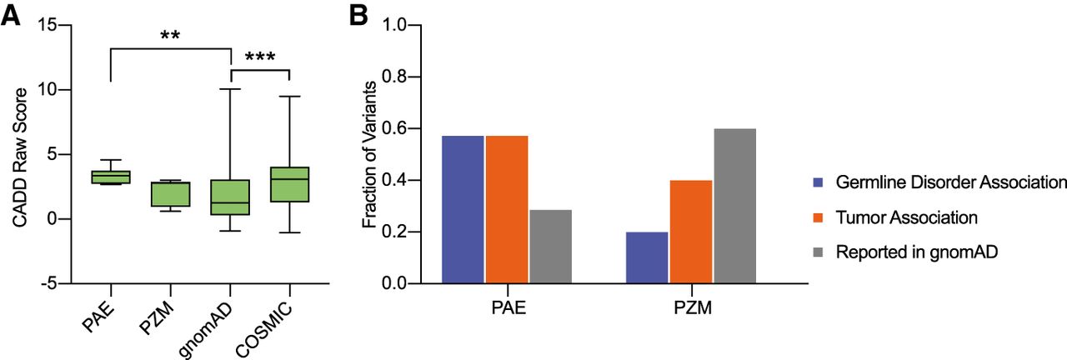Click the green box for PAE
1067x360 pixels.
(x=111, y=177)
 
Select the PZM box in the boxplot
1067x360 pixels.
(x=170, y=194)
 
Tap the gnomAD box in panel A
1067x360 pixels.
(x=230, y=197)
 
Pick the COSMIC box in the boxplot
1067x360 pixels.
(x=289, y=184)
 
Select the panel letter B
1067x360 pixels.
(x=359, y=15)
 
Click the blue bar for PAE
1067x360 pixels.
(x=463, y=209)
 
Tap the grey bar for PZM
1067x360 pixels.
(x=734, y=206)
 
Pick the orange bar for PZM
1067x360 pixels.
(x=691, y=232)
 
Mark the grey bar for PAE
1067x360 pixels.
(x=550, y=246)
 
